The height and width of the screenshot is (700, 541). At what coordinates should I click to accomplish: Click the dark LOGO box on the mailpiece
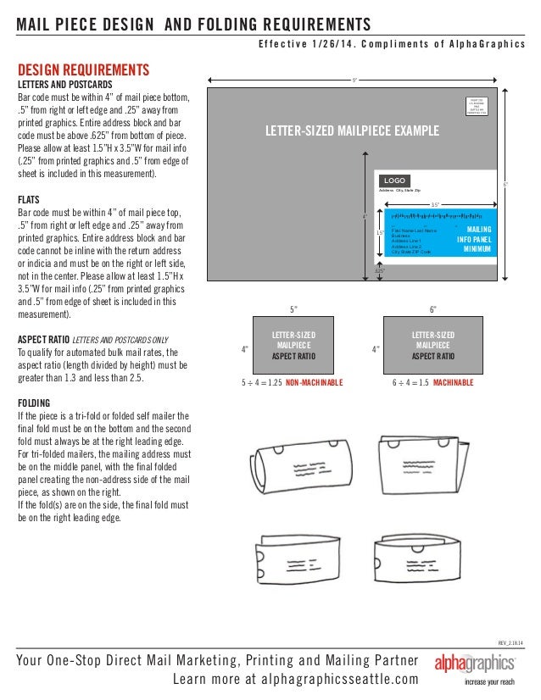(396, 181)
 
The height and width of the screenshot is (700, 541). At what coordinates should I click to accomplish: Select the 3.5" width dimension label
(435, 204)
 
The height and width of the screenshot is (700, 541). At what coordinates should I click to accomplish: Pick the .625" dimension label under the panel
(380, 271)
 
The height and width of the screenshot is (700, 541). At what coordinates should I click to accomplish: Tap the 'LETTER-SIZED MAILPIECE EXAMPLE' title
(353, 131)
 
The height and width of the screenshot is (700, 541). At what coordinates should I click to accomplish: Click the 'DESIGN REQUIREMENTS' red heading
(84, 69)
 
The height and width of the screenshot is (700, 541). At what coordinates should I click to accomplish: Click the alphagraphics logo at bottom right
(475, 662)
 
